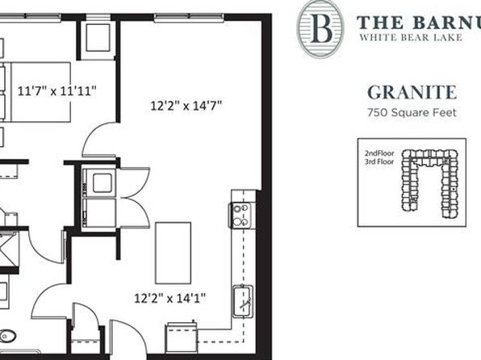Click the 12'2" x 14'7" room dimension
coord(186,106)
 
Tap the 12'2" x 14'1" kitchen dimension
coord(170,298)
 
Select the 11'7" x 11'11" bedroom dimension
coord(57,91)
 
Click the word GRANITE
coord(412,92)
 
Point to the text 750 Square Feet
coord(412,113)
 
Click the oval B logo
coord(320,28)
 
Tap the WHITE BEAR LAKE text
coord(411,37)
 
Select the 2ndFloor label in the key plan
coord(379,153)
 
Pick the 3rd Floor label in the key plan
coord(379,161)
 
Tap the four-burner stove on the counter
coord(242,216)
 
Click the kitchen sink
coord(243,301)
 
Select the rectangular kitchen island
coord(173,253)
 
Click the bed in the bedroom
coord(36,92)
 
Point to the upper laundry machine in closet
coord(99,182)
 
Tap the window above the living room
coord(189,18)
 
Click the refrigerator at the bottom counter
coord(182,337)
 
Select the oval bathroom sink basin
coord(6,336)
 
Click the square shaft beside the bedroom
coord(98,37)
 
